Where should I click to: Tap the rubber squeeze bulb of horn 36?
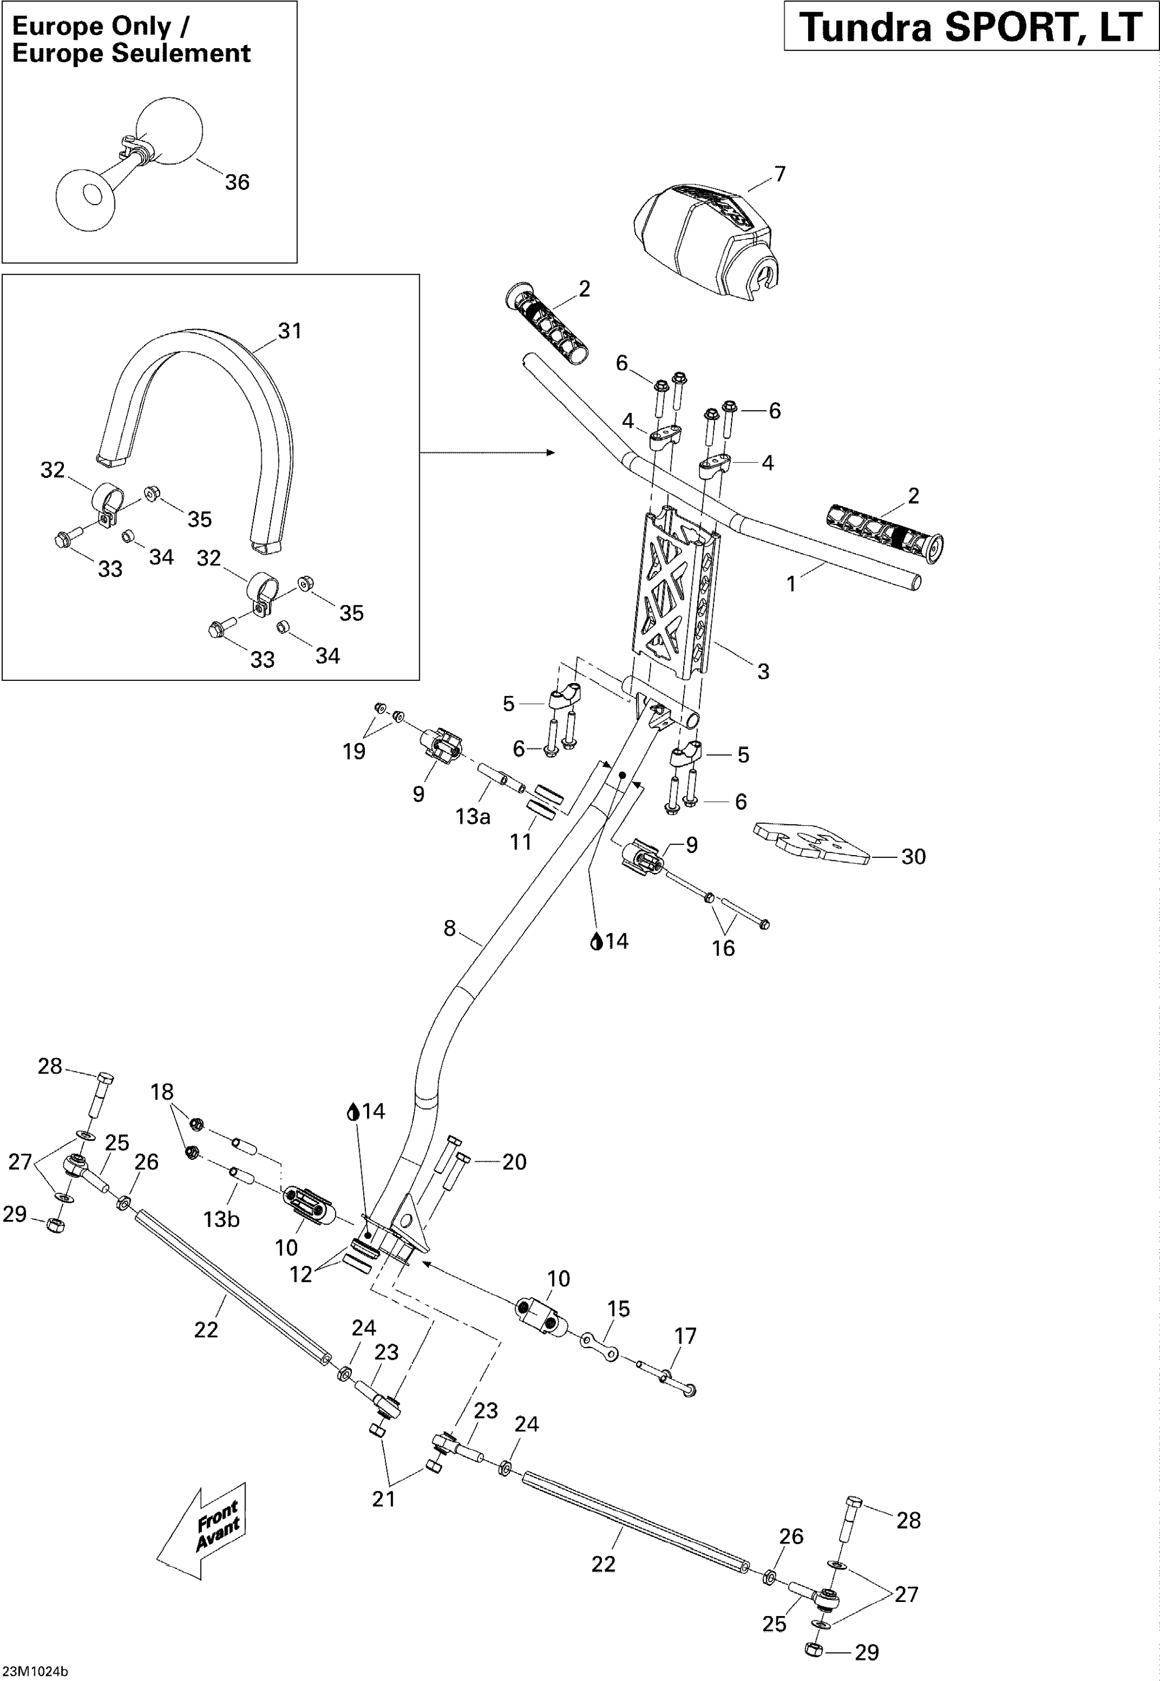pyautogui.click(x=169, y=129)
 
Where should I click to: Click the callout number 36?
pyautogui.click(x=237, y=183)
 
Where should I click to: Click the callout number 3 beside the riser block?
pyautogui.click(x=763, y=671)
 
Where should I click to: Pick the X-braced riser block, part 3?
pyautogui.click(x=676, y=592)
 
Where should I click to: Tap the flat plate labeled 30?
pyautogui.click(x=813, y=844)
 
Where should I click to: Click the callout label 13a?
pyautogui.click(x=472, y=817)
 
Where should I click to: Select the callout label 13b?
pyautogui.click(x=221, y=1219)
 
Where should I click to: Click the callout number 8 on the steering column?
pyautogui.click(x=449, y=928)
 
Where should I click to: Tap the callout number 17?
pyautogui.click(x=685, y=1336)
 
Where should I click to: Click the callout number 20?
pyautogui.click(x=514, y=1162)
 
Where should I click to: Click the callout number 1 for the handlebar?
pyautogui.click(x=791, y=584)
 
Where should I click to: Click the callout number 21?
pyautogui.click(x=383, y=1498)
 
